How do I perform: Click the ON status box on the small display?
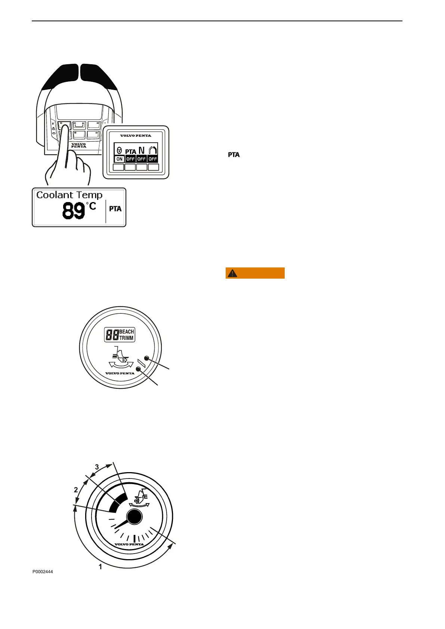pos(119,159)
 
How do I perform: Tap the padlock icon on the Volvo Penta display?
pos(119,151)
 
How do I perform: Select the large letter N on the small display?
pos(141,150)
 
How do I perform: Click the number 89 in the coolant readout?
pos(74,211)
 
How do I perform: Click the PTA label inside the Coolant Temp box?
pos(115,209)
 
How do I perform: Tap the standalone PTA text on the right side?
pos(234,155)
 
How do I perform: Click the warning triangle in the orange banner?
pos(232,273)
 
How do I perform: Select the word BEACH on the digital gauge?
pos(126,332)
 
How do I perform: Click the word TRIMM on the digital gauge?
pos(126,338)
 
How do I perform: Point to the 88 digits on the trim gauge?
pos(112,335)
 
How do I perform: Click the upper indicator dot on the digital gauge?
pos(146,358)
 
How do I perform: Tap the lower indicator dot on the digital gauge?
pos(139,369)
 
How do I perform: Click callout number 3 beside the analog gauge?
pos(97,467)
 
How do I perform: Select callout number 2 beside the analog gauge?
pos(76,490)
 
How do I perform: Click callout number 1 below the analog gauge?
pos(100,567)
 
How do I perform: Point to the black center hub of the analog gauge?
pos(135,517)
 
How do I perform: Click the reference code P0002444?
pos(43,572)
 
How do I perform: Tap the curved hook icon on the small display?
pos(152,150)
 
